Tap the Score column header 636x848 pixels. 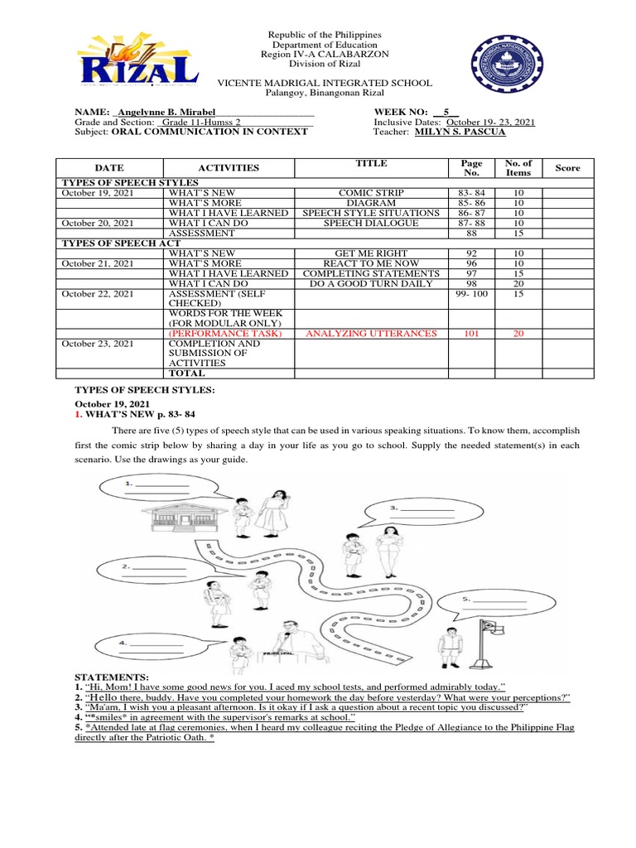(567, 168)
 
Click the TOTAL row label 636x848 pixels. (187, 373)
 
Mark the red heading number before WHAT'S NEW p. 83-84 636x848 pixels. (78, 413)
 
